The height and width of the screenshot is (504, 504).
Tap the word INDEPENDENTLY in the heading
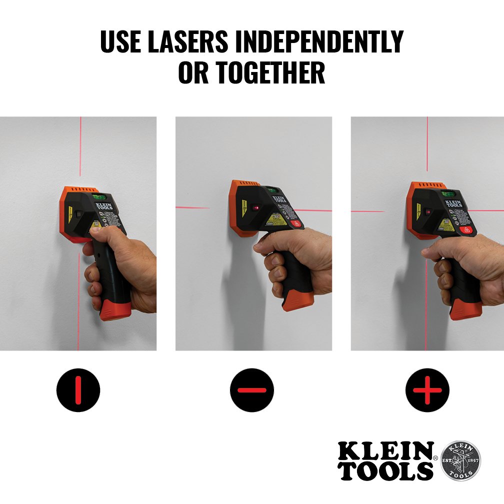[319, 42]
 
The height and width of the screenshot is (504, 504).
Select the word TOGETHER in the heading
[270, 72]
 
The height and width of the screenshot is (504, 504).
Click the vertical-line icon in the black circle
[78, 390]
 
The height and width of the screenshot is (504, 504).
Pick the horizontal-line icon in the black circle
[252, 390]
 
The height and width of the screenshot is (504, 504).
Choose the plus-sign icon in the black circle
[427, 390]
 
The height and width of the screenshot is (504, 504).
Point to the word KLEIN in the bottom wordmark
[385, 451]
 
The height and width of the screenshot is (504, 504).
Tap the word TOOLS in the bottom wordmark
[385, 471]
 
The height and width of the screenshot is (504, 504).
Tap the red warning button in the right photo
[468, 230]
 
